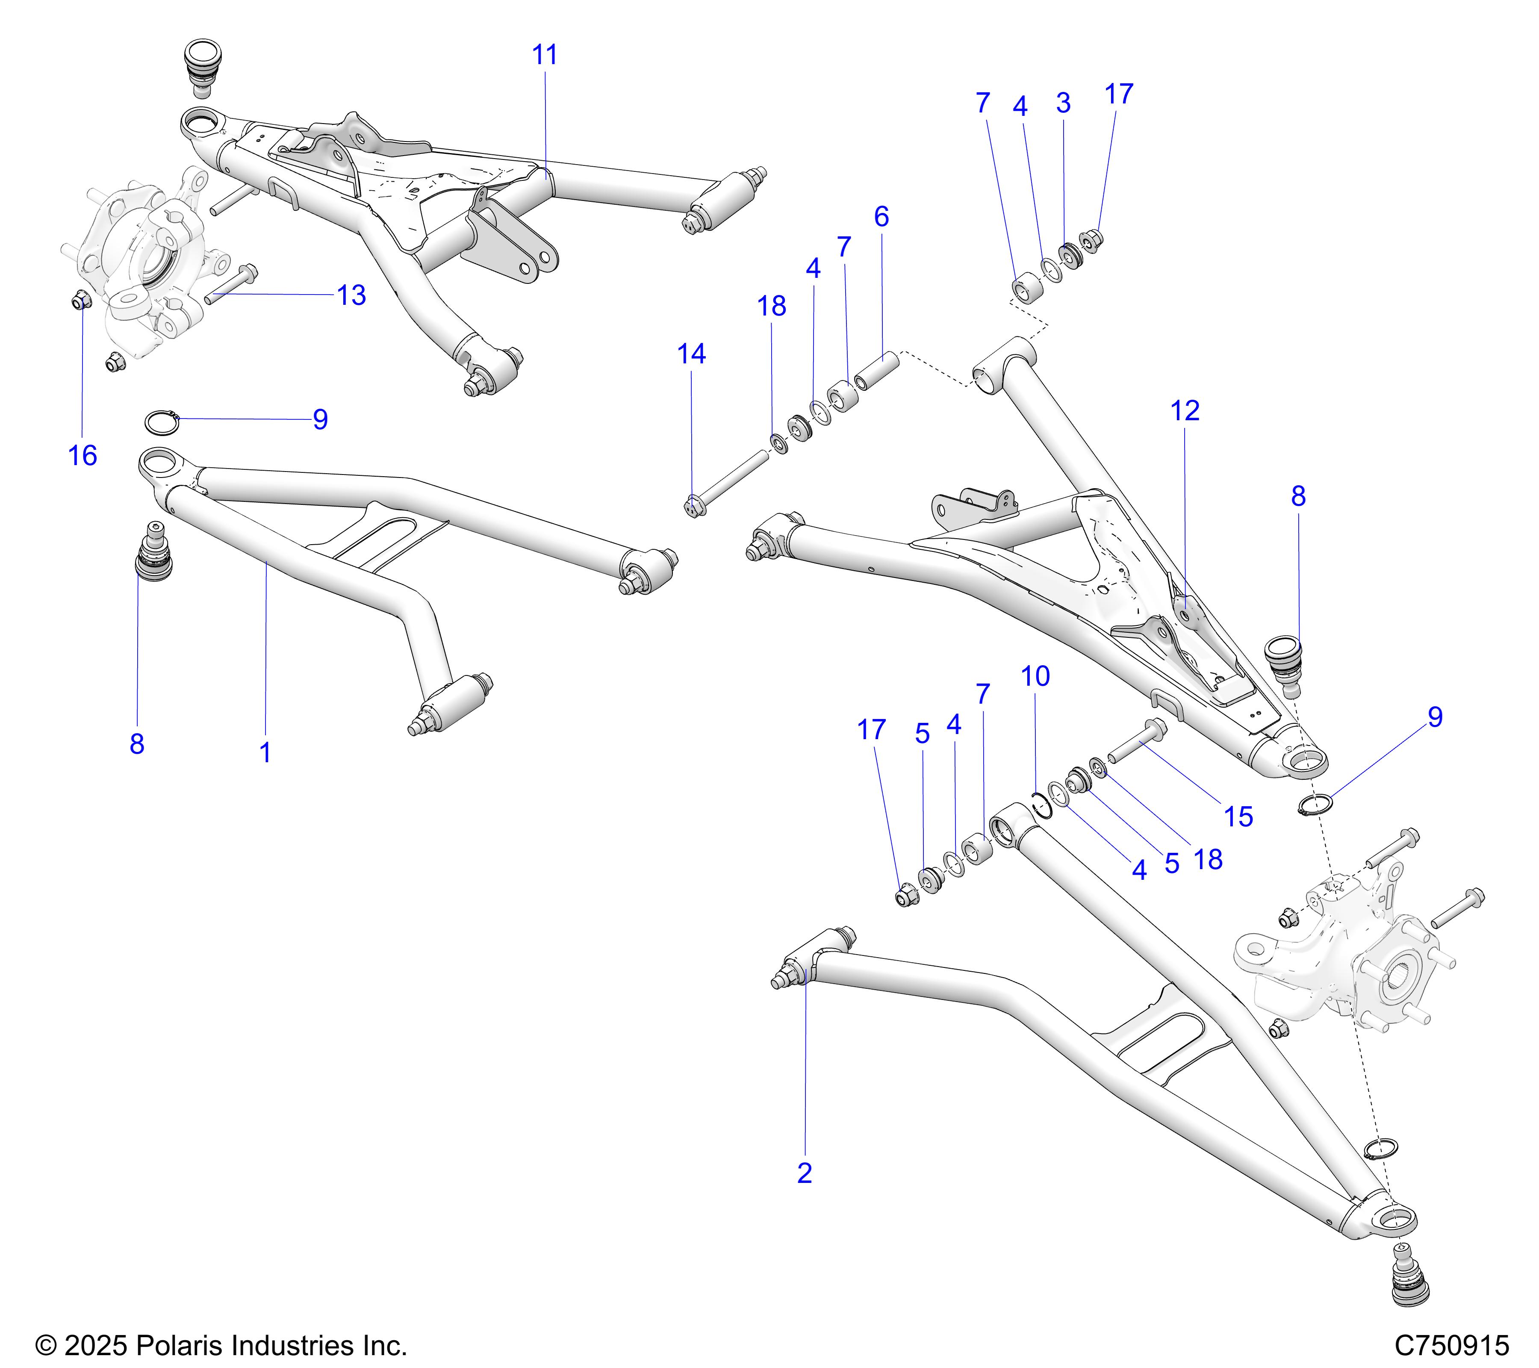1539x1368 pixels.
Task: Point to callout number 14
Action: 691,354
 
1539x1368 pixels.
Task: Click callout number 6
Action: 882,217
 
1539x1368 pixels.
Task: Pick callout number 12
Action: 1184,411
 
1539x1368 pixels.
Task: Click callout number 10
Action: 1035,676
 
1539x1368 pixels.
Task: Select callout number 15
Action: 1238,817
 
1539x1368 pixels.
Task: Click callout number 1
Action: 265,752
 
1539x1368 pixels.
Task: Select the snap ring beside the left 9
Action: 162,422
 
